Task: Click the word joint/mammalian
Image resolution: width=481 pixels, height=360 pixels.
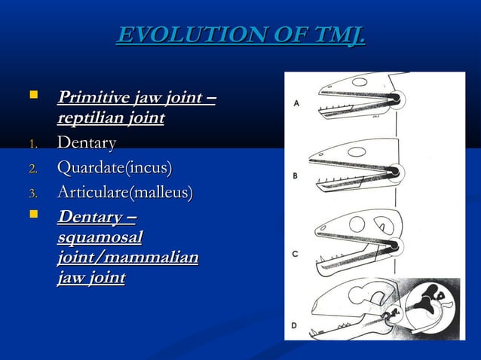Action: point(127,258)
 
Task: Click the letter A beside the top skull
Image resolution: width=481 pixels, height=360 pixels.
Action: point(296,105)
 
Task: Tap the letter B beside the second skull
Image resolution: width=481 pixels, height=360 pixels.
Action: point(296,176)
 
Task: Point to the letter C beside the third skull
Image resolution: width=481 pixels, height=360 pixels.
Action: point(296,254)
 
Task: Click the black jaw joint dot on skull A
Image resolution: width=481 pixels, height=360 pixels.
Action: point(394,97)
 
